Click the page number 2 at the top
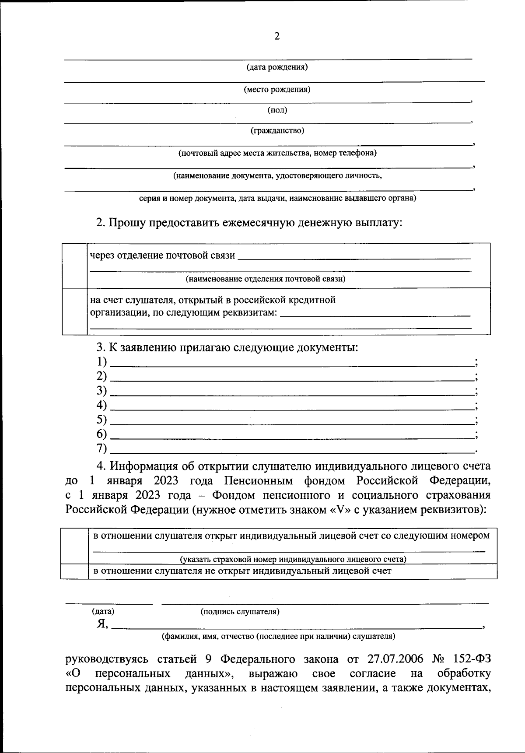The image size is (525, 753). pyautogui.click(x=276, y=37)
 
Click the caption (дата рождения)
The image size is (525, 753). pyautogui.click(x=277, y=67)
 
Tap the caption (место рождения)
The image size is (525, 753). pyautogui.click(x=277, y=90)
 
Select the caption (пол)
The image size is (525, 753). pyautogui.click(x=277, y=110)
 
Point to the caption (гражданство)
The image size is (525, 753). pyautogui.click(x=277, y=130)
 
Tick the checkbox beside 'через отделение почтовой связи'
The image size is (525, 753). pyautogui.click(x=74, y=266)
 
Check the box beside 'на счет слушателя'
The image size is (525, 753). pyautogui.click(x=74, y=311)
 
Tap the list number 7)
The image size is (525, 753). pyautogui.click(x=101, y=448)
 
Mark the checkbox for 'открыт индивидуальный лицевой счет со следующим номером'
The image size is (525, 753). pyautogui.click(x=74, y=546)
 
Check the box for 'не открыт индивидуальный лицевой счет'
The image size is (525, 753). pyautogui.click(x=74, y=571)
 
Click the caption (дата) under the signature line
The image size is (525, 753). pyautogui.click(x=103, y=612)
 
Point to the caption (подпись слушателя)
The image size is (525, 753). pyautogui.click(x=240, y=612)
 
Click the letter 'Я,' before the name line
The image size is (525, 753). pyautogui.click(x=102, y=624)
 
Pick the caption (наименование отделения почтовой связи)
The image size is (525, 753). pyautogui.click(x=265, y=279)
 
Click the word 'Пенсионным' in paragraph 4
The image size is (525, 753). pyautogui.click(x=258, y=481)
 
